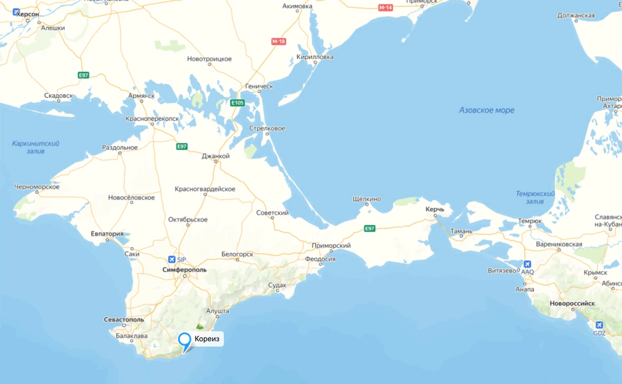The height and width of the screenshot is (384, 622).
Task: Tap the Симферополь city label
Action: (x=184, y=270)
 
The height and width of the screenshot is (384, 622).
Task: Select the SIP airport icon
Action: (x=171, y=260)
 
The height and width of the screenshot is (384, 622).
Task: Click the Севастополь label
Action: (x=123, y=320)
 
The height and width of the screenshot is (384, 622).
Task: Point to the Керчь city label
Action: (x=435, y=209)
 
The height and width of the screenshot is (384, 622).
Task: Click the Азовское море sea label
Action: (x=486, y=110)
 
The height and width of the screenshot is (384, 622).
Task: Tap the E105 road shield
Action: (x=237, y=103)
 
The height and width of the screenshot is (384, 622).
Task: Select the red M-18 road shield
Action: (x=279, y=41)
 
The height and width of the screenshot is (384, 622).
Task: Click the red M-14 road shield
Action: (x=385, y=7)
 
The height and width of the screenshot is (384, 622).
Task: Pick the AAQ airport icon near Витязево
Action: (x=527, y=264)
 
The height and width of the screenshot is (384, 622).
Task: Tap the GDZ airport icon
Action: (x=599, y=326)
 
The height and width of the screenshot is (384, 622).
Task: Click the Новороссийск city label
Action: (x=572, y=304)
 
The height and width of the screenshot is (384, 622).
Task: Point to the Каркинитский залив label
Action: (x=36, y=147)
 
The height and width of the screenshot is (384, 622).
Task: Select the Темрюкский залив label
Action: (x=535, y=198)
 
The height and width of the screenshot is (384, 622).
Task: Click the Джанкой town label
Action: (x=216, y=156)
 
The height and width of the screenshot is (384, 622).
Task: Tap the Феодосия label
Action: (x=320, y=259)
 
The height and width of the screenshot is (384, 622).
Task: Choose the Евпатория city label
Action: (x=107, y=234)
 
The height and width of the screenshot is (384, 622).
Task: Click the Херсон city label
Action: (x=27, y=15)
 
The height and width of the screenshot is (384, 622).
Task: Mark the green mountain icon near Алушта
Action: (x=200, y=327)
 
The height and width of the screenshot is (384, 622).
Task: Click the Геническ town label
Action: (x=259, y=86)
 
